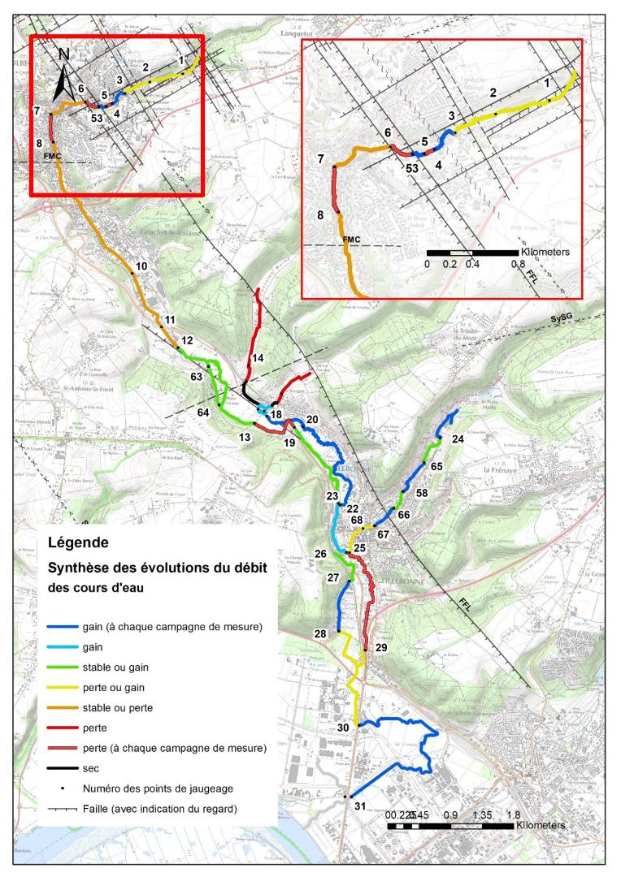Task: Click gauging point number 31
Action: [x=359, y=806]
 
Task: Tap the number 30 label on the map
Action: [x=343, y=728]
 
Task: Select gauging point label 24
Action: [x=458, y=439]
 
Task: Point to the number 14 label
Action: [x=258, y=358]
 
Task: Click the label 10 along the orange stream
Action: [x=141, y=266]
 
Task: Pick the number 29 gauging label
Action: [x=381, y=647]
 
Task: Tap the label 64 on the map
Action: [x=203, y=413]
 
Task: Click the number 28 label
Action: [x=320, y=634]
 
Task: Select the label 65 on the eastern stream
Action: [x=436, y=467]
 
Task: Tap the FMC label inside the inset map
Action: [x=352, y=240]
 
